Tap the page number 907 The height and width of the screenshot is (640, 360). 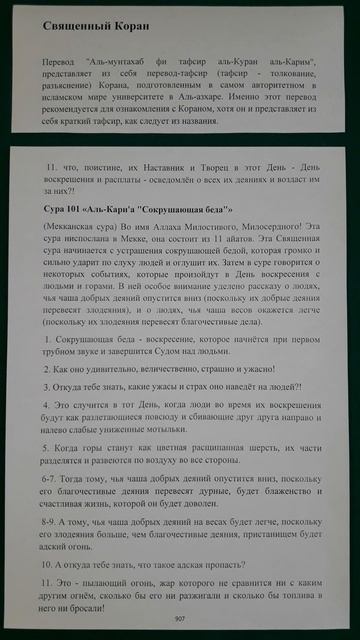click(x=180, y=619)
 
